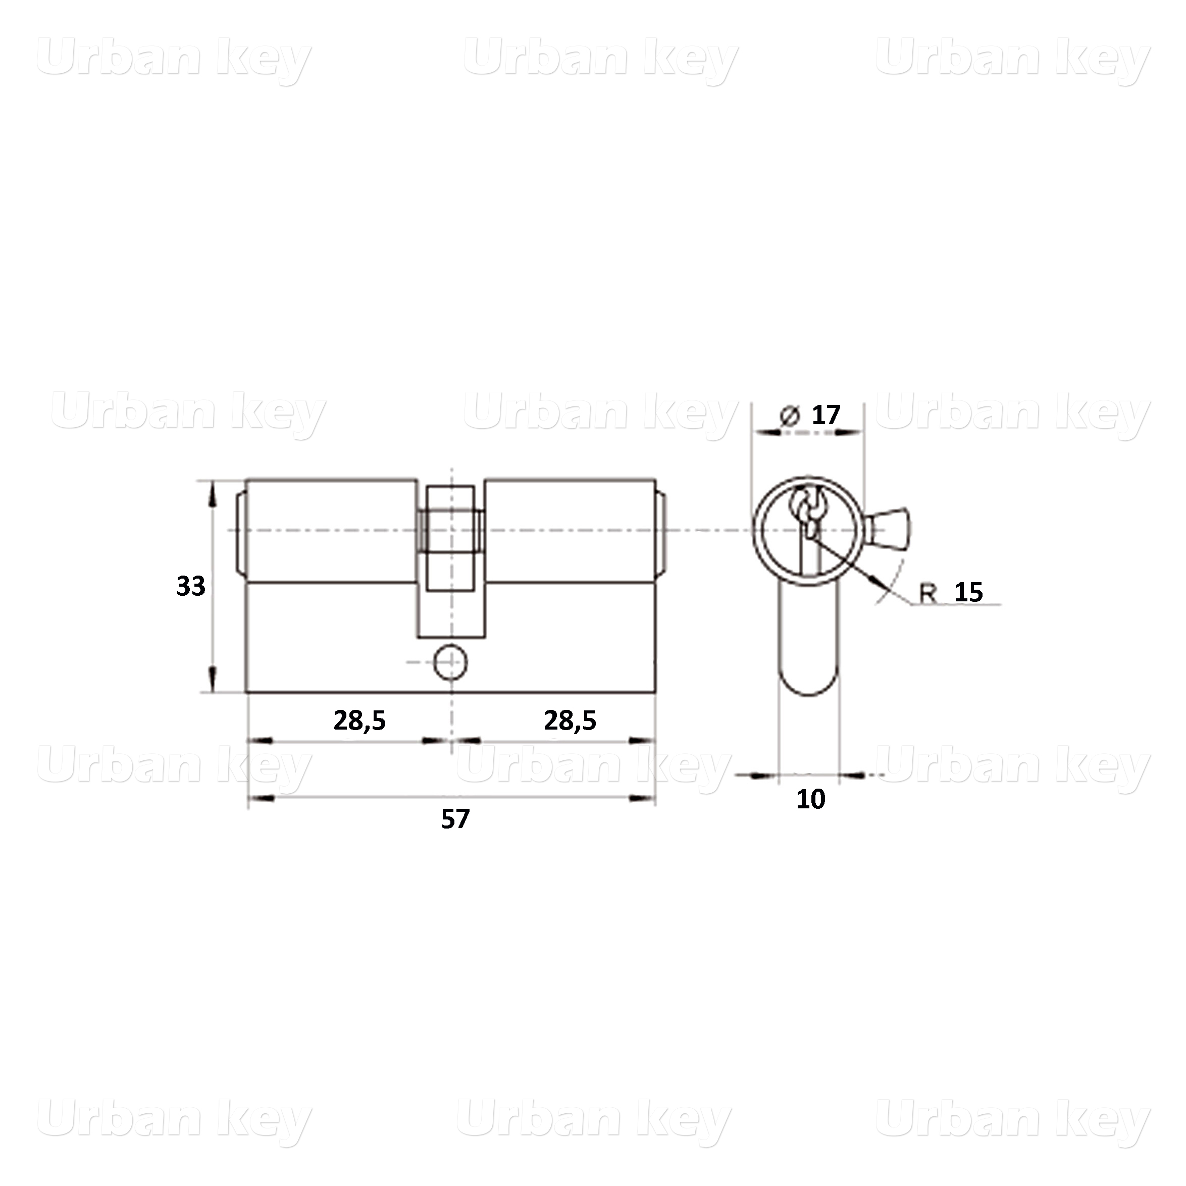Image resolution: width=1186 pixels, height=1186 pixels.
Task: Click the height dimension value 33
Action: (191, 586)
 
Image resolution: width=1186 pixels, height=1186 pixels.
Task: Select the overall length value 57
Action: (455, 819)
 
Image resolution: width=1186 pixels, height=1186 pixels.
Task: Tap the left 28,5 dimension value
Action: (359, 720)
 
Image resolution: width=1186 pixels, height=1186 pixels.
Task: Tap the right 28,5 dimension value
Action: (570, 720)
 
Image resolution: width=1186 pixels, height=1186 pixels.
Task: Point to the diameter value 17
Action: (826, 416)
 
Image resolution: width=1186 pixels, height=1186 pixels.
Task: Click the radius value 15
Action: (969, 592)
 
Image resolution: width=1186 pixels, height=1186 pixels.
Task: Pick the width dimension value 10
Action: (810, 799)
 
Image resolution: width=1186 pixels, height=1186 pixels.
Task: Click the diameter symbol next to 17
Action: (790, 416)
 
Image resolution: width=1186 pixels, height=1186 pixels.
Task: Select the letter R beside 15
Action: (927, 593)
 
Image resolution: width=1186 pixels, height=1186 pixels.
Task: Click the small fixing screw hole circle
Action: (450, 662)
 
